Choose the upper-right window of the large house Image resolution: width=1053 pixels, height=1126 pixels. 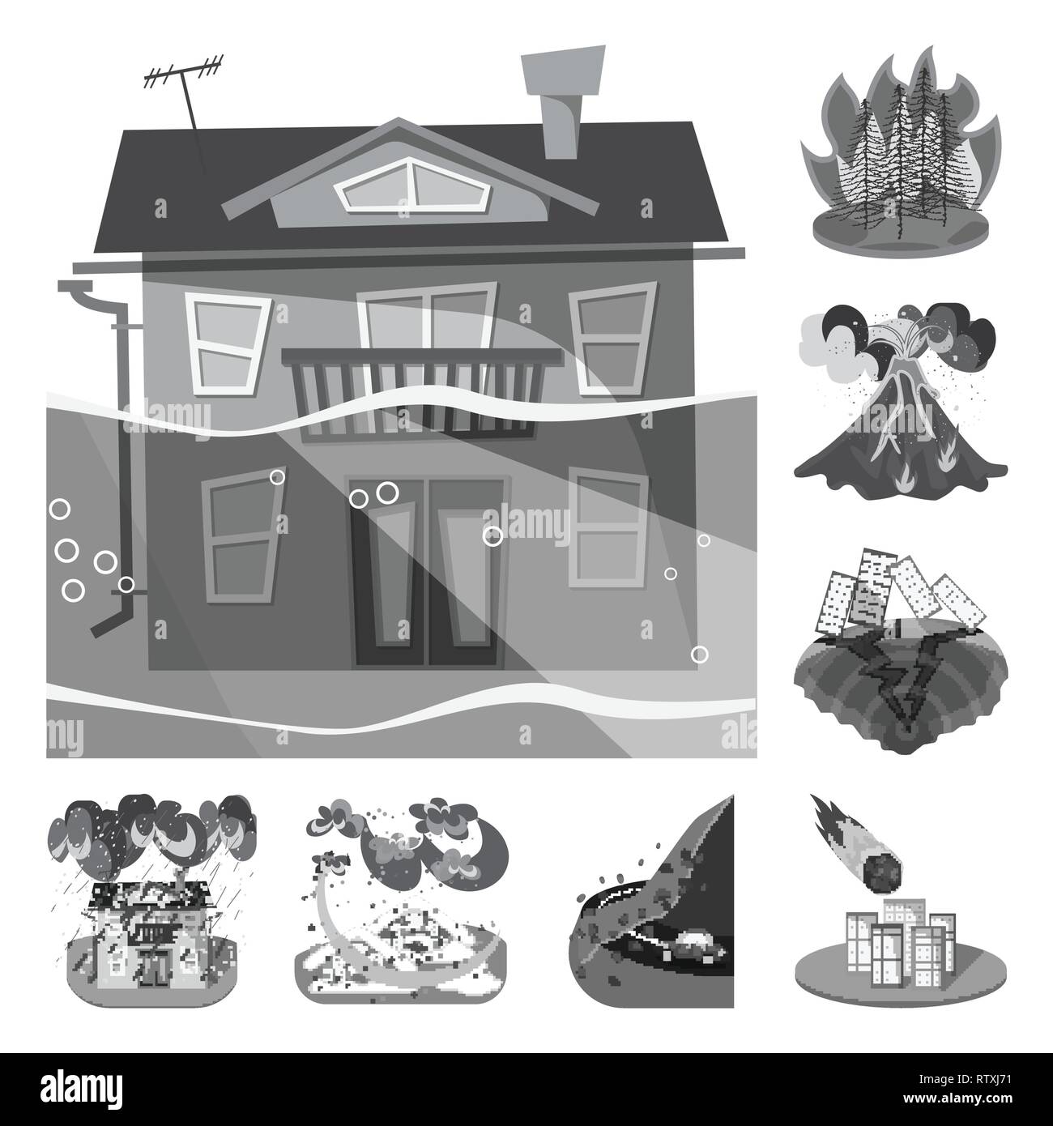pos(608,334)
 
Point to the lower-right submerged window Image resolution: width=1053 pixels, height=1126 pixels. pos(607,527)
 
